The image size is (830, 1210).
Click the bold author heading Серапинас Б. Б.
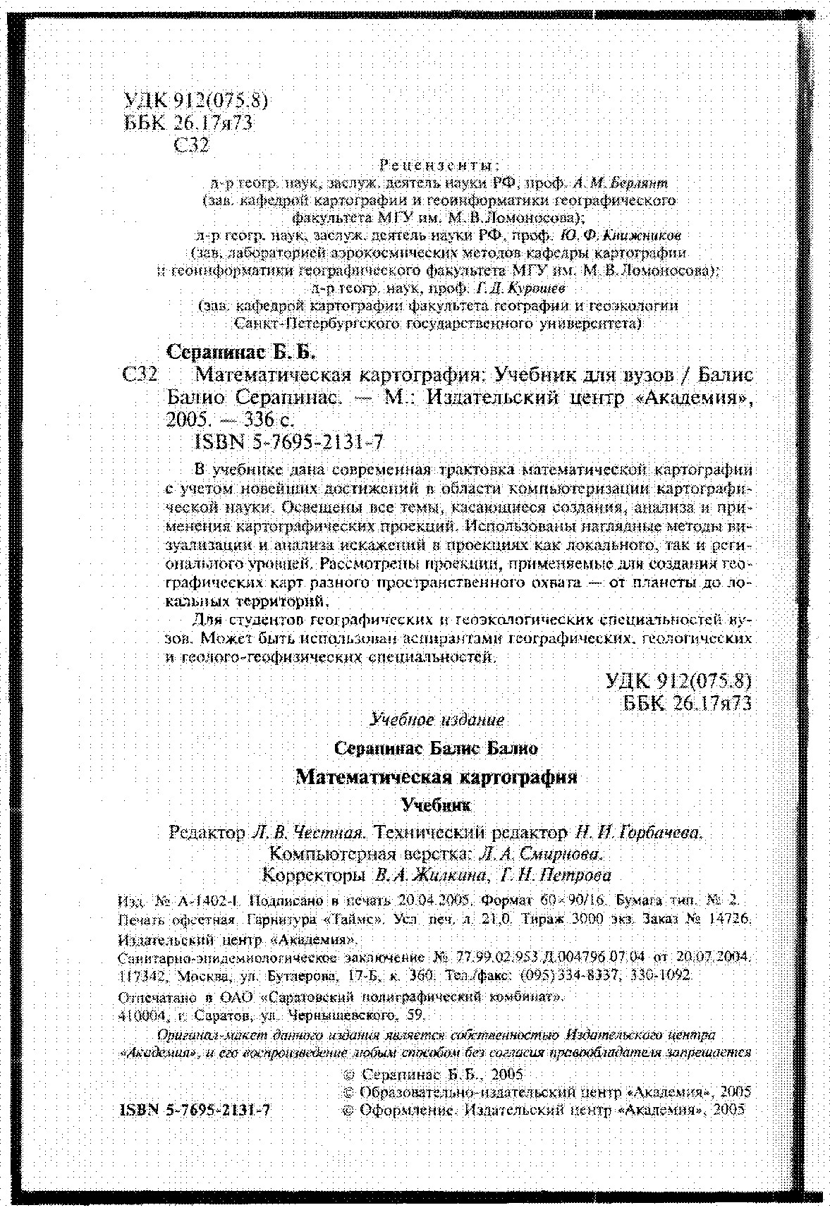242,350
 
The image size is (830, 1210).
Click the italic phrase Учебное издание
437,720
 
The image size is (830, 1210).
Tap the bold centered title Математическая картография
437,777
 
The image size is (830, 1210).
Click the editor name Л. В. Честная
306,833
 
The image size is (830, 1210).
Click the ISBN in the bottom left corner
196,1108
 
